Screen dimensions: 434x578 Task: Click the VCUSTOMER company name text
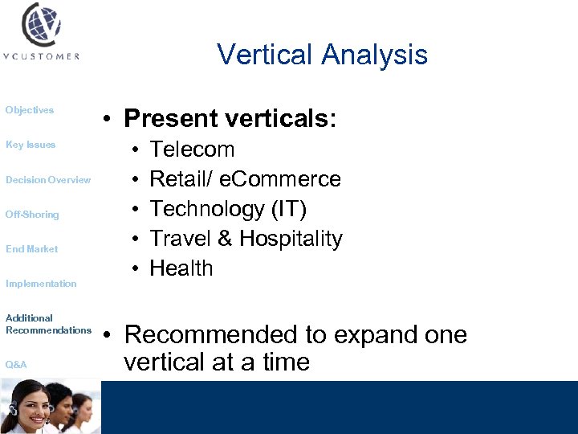tap(41, 57)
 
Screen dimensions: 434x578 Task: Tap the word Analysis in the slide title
tap(375, 55)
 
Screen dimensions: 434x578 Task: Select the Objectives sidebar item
tap(30, 110)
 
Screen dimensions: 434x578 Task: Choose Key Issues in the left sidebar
tap(31, 145)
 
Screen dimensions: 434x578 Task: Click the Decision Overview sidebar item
tap(48, 180)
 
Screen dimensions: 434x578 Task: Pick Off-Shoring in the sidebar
tap(32, 215)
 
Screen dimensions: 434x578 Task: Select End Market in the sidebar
tap(32, 249)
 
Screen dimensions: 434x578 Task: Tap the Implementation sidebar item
tap(41, 284)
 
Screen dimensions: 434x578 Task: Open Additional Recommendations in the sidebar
tap(48, 324)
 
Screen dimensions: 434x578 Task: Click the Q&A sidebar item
tap(16, 365)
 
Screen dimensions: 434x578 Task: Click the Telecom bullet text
tap(193, 149)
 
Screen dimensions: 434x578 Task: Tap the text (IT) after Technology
tap(287, 209)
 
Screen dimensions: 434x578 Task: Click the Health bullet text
tap(181, 268)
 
